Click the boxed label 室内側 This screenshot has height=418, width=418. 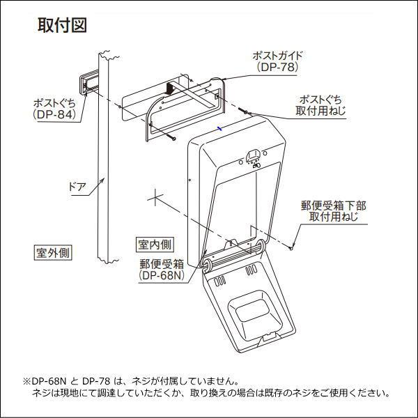tap(155, 245)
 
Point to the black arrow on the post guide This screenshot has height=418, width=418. tap(169, 88)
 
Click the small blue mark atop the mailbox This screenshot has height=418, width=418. tap(219, 128)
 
